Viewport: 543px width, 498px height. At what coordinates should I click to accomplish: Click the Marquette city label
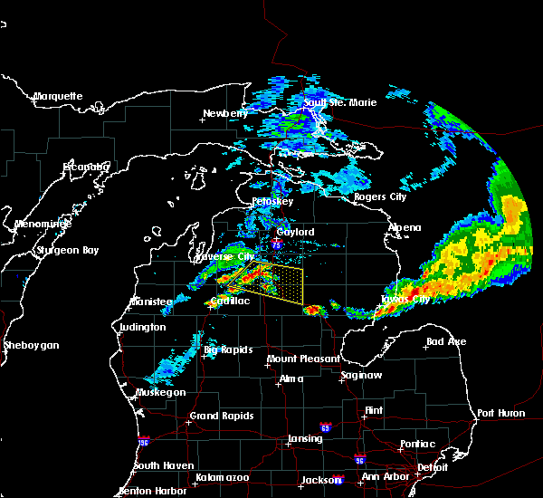[x=58, y=96]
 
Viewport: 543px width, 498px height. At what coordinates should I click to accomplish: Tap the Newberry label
[x=224, y=113]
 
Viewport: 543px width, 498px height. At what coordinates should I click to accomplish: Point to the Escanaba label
[x=86, y=167]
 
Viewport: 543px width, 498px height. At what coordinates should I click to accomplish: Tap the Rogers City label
[x=380, y=196]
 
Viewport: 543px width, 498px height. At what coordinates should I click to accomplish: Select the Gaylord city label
[x=295, y=232]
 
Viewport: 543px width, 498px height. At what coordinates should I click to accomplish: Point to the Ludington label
[x=142, y=327]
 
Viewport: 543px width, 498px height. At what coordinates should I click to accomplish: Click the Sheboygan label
[x=31, y=345]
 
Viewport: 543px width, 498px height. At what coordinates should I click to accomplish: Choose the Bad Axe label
[x=446, y=341]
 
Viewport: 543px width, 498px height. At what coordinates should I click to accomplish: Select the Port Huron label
[x=500, y=413]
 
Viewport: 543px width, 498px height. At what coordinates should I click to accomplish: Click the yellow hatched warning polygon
[x=277, y=282]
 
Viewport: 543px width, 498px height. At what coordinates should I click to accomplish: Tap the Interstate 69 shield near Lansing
[x=324, y=426]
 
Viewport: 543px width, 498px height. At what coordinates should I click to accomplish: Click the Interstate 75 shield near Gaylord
[x=276, y=244]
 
